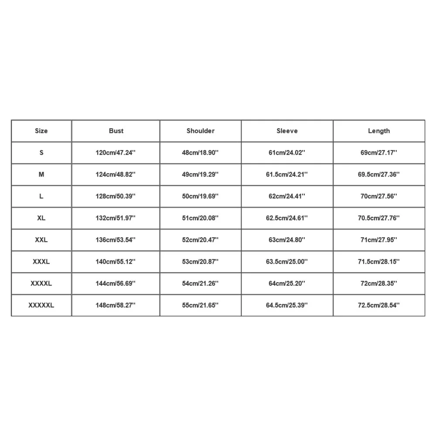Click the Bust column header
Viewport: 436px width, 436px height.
(116, 131)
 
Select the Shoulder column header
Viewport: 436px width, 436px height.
(201, 131)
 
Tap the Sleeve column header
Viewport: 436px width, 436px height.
(287, 131)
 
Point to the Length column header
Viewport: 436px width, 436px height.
(379, 131)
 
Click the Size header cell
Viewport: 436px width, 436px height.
(41, 131)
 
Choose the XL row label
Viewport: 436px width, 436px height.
(41, 218)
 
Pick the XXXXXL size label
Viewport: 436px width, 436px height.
(41, 305)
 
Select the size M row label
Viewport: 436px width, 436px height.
(41, 174)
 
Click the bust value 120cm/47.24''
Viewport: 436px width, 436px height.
(116, 153)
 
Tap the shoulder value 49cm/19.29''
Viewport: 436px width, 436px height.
(201, 174)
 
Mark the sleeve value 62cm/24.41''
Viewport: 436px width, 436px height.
(287, 196)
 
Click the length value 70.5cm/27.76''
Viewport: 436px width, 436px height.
(379, 218)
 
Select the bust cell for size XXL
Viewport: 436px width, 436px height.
(116, 240)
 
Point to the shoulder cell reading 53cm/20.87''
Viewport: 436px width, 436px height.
(201, 262)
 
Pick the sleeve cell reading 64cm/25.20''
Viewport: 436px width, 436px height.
(287, 283)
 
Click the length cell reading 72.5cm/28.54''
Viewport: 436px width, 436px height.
(379, 305)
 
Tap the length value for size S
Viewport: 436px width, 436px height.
(379, 153)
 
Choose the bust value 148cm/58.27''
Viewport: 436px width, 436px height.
(116, 305)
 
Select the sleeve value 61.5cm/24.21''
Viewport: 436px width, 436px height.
(287, 174)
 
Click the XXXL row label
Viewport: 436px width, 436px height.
(41, 262)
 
